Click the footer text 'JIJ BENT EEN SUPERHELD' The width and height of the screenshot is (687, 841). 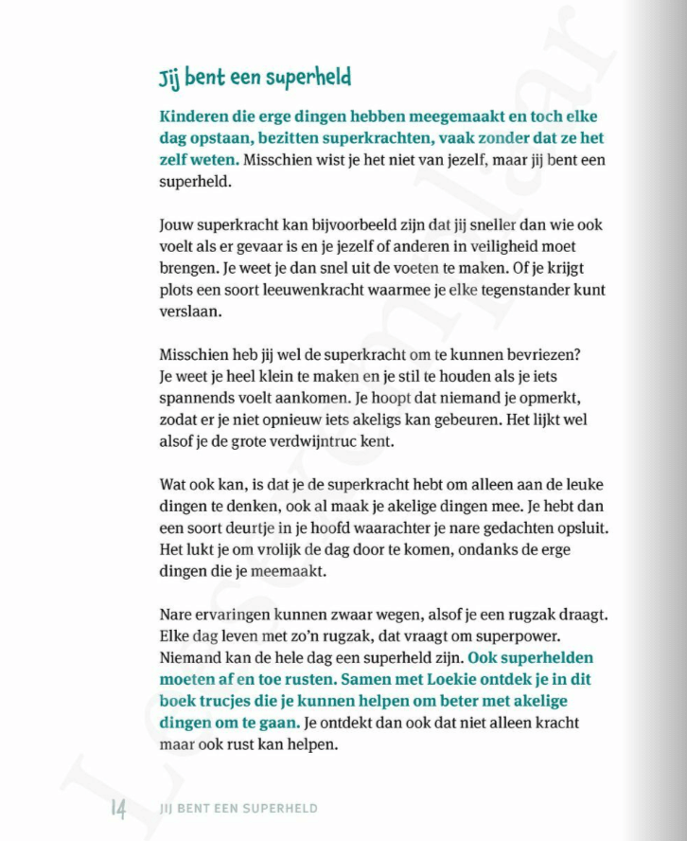[x=239, y=809]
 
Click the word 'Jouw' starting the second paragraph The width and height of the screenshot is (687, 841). [x=176, y=226]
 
